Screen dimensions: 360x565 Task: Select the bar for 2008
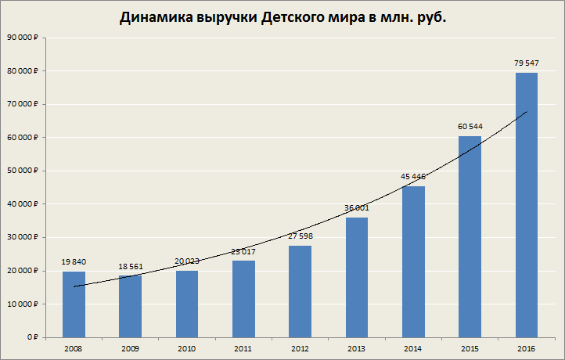(x=74, y=304)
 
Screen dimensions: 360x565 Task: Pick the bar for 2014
(x=414, y=261)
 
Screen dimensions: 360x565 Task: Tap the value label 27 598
(x=300, y=236)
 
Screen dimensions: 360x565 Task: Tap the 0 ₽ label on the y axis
(x=32, y=337)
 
